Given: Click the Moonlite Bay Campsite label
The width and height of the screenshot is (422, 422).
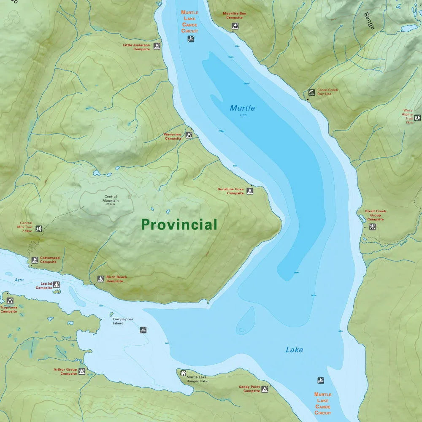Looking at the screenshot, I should (234, 16).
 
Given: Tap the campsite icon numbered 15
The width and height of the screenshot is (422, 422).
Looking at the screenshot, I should (157, 46).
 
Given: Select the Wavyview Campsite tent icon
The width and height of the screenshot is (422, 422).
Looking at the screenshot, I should (189, 135).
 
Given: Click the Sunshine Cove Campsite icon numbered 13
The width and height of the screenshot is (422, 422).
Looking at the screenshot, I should (250, 191).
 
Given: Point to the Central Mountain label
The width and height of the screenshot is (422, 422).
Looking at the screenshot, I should (111, 198).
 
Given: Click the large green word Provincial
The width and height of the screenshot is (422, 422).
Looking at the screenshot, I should (179, 225).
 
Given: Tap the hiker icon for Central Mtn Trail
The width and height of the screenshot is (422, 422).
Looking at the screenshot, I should (39, 229).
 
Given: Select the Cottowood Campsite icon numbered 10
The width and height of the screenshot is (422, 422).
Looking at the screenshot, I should (34, 260).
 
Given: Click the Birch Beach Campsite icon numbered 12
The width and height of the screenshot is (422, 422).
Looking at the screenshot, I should (100, 279).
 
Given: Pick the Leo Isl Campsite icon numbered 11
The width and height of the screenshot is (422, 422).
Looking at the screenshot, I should (56, 285).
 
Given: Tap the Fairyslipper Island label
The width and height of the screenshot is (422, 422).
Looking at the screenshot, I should (123, 321).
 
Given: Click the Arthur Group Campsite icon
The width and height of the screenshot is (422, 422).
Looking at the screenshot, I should (81, 371).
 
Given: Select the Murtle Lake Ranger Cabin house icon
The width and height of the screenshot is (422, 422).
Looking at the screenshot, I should (183, 373).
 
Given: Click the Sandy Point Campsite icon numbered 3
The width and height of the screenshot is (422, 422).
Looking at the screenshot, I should (265, 389).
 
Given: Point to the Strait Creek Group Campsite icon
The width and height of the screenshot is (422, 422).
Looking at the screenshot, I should (372, 227).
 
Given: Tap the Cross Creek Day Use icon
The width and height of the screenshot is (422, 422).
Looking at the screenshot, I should (311, 92).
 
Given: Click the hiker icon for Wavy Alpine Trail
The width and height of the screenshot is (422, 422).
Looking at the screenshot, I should (417, 118).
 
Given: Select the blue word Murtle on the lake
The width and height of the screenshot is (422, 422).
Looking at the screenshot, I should (242, 108).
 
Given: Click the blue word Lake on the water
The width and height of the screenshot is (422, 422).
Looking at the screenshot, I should (294, 349).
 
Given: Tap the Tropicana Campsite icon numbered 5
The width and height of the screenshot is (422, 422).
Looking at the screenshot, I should (10, 301).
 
